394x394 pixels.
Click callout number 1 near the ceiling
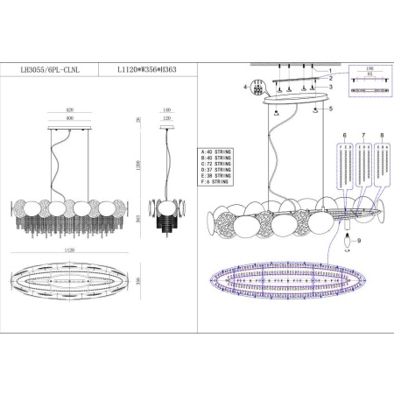330,69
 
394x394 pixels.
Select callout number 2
330,78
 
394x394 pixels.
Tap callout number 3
330,88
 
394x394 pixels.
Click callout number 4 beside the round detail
246,88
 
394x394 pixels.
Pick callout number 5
331,109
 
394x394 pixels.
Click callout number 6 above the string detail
345,136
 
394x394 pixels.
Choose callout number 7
363,136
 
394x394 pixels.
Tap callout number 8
382,136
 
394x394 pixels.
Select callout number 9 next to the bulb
359,240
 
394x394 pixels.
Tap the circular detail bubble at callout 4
257,88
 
